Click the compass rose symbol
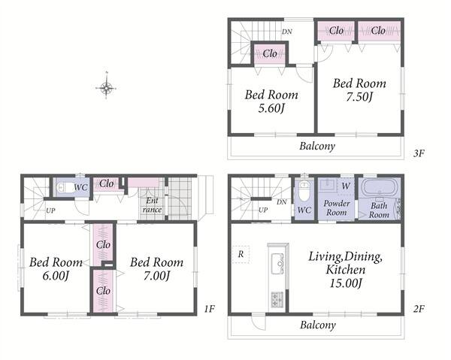coord(106,87)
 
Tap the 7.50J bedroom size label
coord(359,98)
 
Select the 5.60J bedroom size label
coord(271,109)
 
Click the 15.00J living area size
coord(346,284)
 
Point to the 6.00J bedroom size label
coord(56,277)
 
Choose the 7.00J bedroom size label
coord(156,277)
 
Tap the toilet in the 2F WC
coord(304,191)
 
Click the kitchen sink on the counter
coord(277,263)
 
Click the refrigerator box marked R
coord(241,255)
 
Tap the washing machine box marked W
coord(346,186)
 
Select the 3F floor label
coord(419,153)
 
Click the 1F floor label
coord(210,309)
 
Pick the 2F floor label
coord(419,309)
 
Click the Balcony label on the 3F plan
coord(317,147)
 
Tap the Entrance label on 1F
coord(152,205)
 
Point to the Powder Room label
coord(337,208)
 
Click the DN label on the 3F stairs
coord(287,32)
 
